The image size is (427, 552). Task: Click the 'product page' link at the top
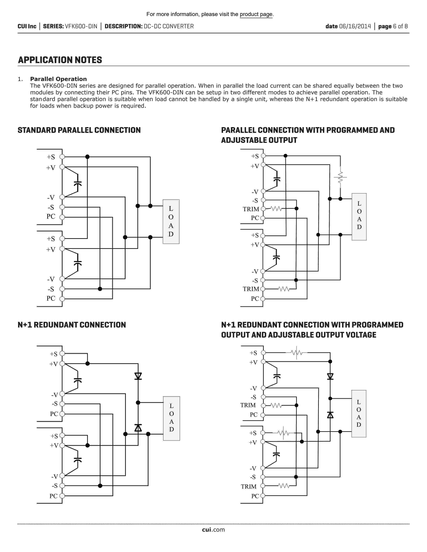[256, 14]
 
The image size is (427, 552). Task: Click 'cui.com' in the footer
[213, 530]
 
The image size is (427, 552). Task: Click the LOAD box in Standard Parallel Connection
[171, 221]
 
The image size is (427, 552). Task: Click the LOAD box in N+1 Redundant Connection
[171, 418]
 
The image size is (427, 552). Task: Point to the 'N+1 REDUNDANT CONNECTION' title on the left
[72, 325]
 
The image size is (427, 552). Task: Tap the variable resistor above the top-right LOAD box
[340, 177]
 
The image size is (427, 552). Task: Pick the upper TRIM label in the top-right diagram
[251, 209]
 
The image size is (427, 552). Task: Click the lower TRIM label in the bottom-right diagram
[249, 487]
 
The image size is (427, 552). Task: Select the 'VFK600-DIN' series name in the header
[81, 26]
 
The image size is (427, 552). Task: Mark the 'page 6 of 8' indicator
[393, 26]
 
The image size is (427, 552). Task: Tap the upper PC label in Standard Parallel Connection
[51, 217]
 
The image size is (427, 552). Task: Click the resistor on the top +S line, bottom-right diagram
[296, 353]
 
